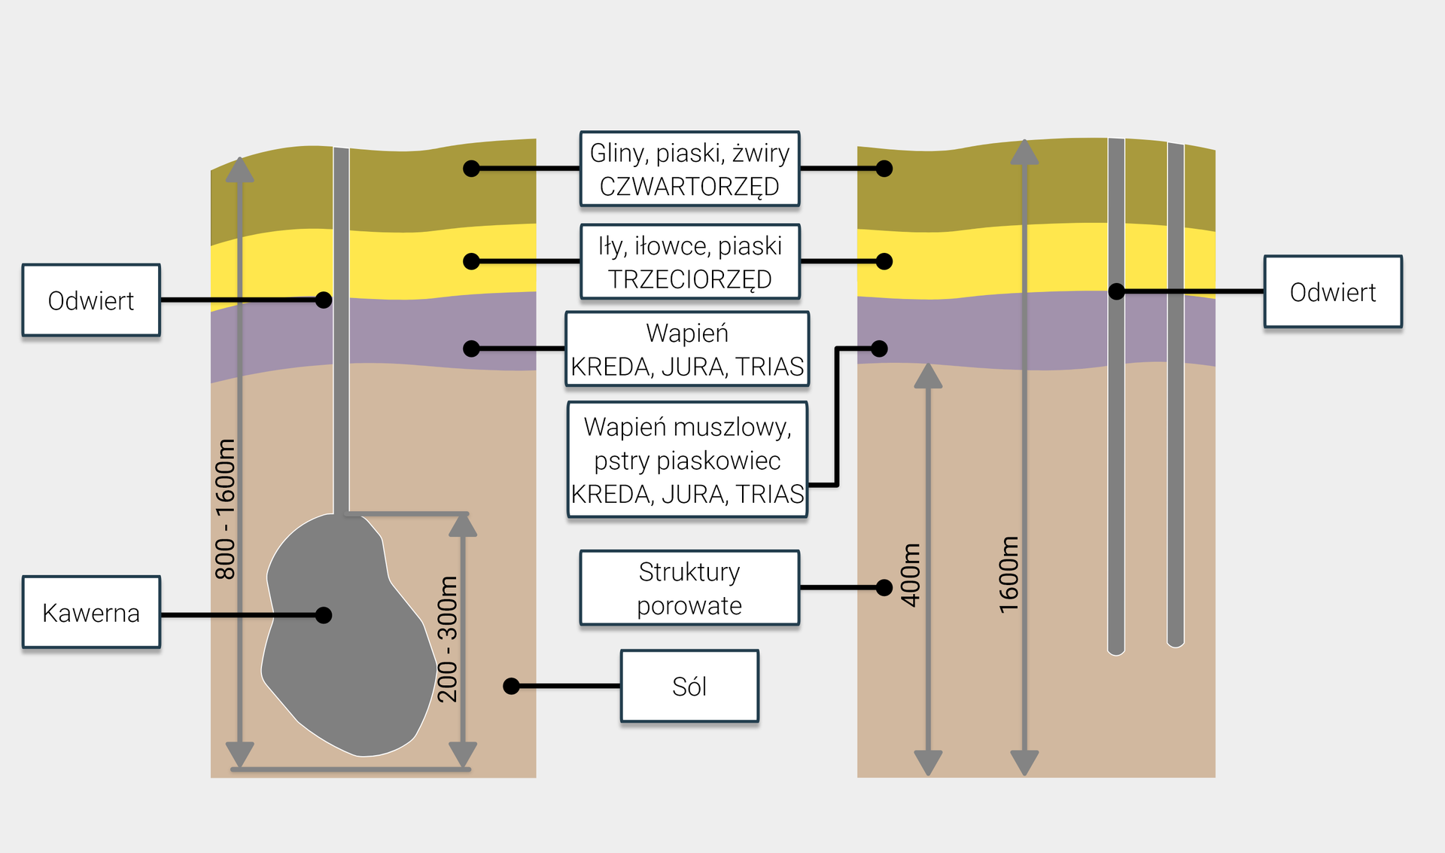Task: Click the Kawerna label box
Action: click(91, 612)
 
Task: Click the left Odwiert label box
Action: click(91, 300)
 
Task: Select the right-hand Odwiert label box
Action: click(1332, 291)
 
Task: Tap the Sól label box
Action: click(689, 686)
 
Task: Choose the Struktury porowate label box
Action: click(689, 588)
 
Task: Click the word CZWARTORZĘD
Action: click(689, 186)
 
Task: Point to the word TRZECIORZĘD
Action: click(689, 279)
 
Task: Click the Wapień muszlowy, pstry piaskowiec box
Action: click(687, 460)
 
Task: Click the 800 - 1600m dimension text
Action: click(225, 509)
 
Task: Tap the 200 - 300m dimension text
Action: click(448, 638)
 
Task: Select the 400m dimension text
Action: click(911, 574)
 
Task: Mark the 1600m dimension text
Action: click(1008, 574)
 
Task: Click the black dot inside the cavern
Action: click(324, 615)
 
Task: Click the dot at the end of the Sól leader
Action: click(512, 686)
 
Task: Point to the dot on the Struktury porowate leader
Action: click(884, 587)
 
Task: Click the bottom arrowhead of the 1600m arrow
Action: click(1024, 763)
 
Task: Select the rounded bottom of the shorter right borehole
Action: click(1176, 642)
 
